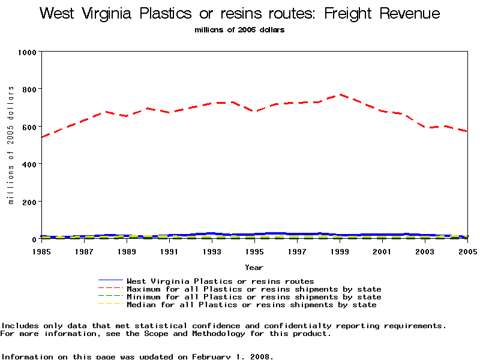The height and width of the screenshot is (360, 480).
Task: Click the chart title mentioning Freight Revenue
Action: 239,14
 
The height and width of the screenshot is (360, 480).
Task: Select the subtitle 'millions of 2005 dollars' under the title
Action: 239,29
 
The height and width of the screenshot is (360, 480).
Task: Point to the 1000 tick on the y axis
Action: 28,52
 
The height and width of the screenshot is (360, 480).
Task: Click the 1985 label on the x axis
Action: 41,251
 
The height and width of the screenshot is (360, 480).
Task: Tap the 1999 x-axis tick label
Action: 340,251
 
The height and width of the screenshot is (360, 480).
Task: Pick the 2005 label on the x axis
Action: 467,251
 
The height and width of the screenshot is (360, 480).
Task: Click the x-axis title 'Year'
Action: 254,267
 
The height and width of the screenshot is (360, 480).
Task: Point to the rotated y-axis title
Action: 11,145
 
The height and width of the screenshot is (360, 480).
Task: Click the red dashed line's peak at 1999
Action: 340,94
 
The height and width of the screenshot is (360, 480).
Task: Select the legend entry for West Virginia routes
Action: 220,281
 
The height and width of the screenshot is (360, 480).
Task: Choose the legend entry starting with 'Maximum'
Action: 254,289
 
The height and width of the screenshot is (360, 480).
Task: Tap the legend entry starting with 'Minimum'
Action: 254,297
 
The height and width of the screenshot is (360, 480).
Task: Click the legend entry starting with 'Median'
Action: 251,305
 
